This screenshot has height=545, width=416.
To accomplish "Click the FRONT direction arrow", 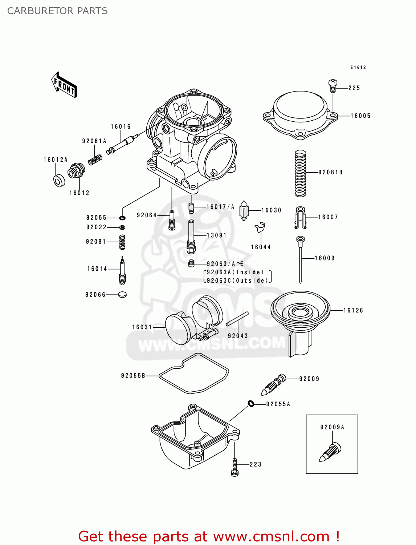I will coord(64,85).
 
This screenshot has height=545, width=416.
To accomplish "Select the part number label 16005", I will coord(360,116).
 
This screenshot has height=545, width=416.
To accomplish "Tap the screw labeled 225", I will coord(333,86).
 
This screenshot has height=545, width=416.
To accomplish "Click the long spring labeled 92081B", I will coord(300,173).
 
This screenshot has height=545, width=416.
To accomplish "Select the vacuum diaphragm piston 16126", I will coord(300,316).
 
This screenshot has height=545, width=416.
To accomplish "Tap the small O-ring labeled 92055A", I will coord(251,403).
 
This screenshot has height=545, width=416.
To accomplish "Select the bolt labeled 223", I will coord(234,467).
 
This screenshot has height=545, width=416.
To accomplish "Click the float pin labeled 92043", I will coord(237,319).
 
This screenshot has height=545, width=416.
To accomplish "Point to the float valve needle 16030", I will coord(244,211).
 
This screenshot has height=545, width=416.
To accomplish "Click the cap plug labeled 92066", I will coord(123,295).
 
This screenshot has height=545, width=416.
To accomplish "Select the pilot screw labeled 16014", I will coord(122,271).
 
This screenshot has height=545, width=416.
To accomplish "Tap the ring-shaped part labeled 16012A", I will coord(59,181).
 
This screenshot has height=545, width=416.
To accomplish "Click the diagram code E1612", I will coord(358,68).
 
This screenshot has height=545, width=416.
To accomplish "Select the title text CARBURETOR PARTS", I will coord(57,11).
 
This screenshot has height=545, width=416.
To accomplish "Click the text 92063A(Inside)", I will coord(235,272).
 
